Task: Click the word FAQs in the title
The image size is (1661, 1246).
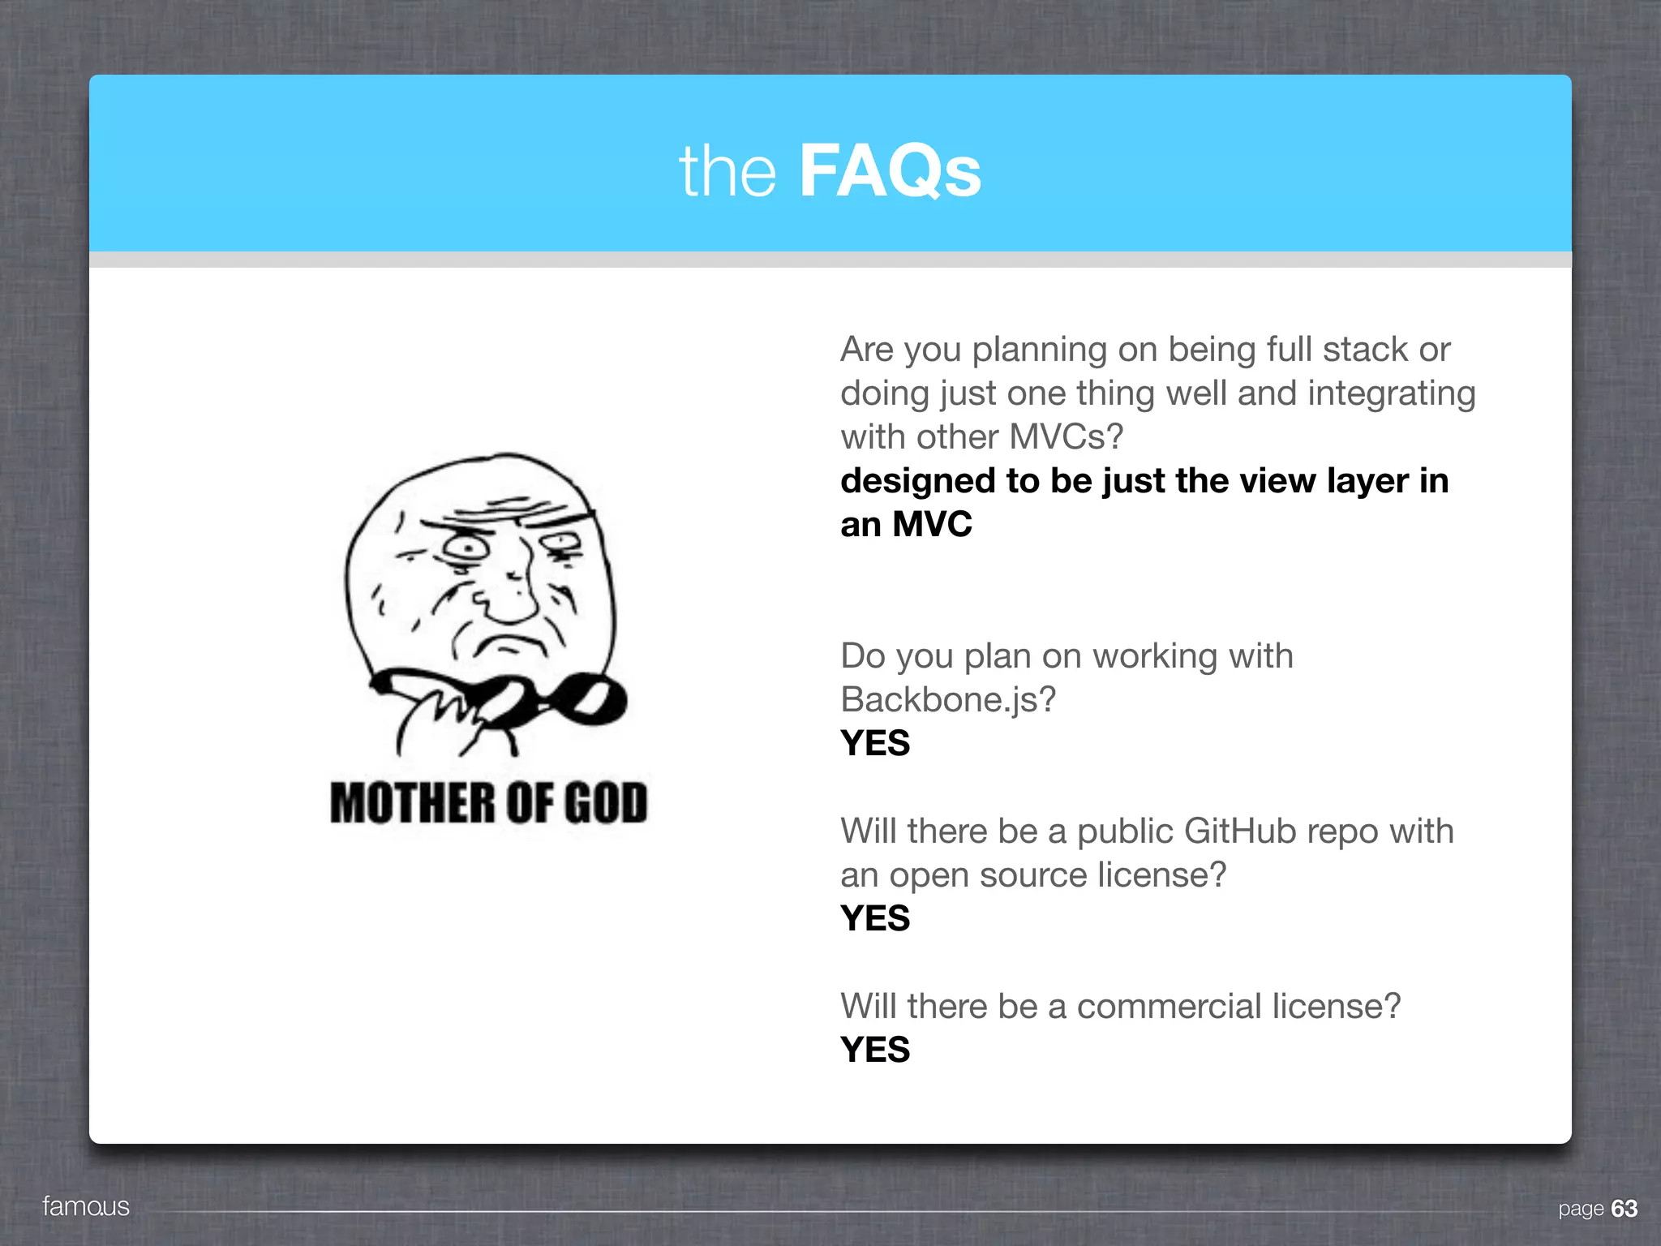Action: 890,171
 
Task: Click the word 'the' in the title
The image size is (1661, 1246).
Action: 727,173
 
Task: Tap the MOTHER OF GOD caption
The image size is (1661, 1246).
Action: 489,803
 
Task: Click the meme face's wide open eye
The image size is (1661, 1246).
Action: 467,548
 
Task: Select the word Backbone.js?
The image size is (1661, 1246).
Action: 948,700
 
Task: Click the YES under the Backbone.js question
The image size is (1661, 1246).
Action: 875,743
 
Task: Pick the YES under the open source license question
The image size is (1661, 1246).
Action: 875,918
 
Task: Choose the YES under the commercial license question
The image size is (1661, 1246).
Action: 875,1050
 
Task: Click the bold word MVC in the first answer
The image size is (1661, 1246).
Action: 932,525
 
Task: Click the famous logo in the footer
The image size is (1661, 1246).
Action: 86,1206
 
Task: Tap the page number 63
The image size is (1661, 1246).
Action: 1624,1209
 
